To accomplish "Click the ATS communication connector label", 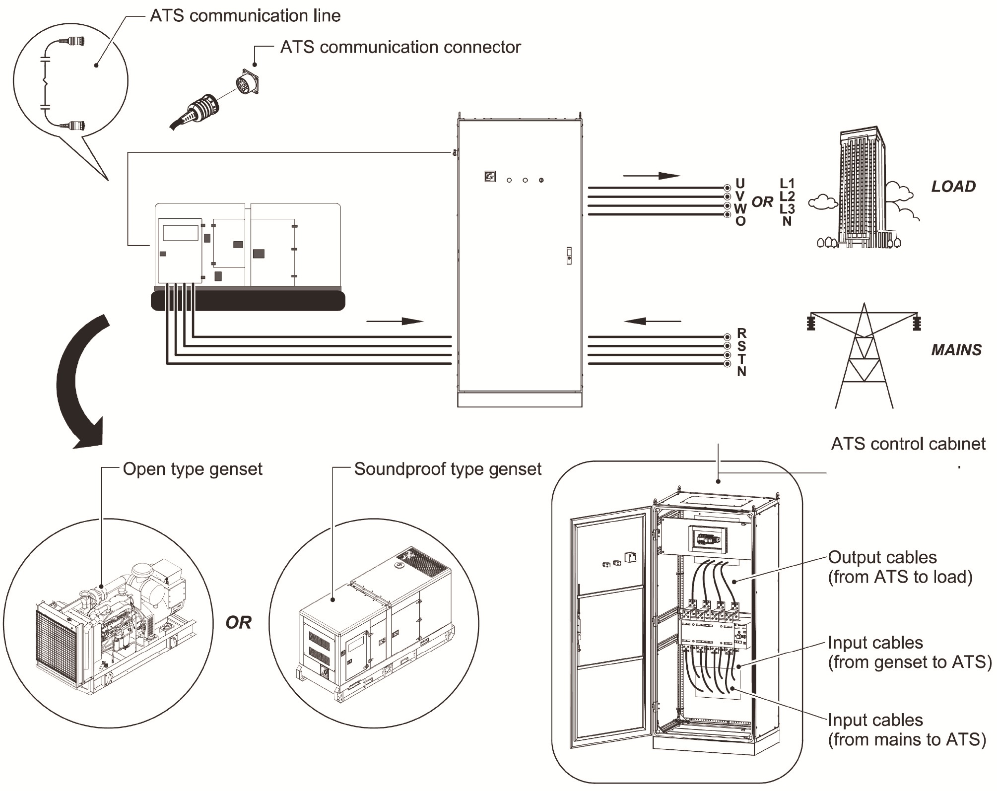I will (x=400, y=47).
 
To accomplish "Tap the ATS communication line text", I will (x=245, y=16).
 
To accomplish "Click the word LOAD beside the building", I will (x=953, y=187).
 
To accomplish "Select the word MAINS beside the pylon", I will (x=956, y=350).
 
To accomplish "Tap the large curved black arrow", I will (x=79, y=382).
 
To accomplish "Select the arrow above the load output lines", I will (x=651, y=176).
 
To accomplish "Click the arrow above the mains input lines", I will (x=652, y=321).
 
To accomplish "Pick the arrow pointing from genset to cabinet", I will (x=395, y=321).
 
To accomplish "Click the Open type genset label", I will (x=193, y=469).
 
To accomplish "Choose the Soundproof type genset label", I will (x=448, y=469).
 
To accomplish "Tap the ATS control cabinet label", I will (x=908, y=444).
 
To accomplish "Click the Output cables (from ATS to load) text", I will (x=900, y=567).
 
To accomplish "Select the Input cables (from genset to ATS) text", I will (x=909, y=653).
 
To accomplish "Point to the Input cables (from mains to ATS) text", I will (x=906, y=730).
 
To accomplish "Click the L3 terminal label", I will (x=787, y=209).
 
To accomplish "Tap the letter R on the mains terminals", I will (x=742, y=332).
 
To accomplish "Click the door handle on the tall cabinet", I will (x=569, y=256).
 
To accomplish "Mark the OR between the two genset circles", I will (x=238, y=622).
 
